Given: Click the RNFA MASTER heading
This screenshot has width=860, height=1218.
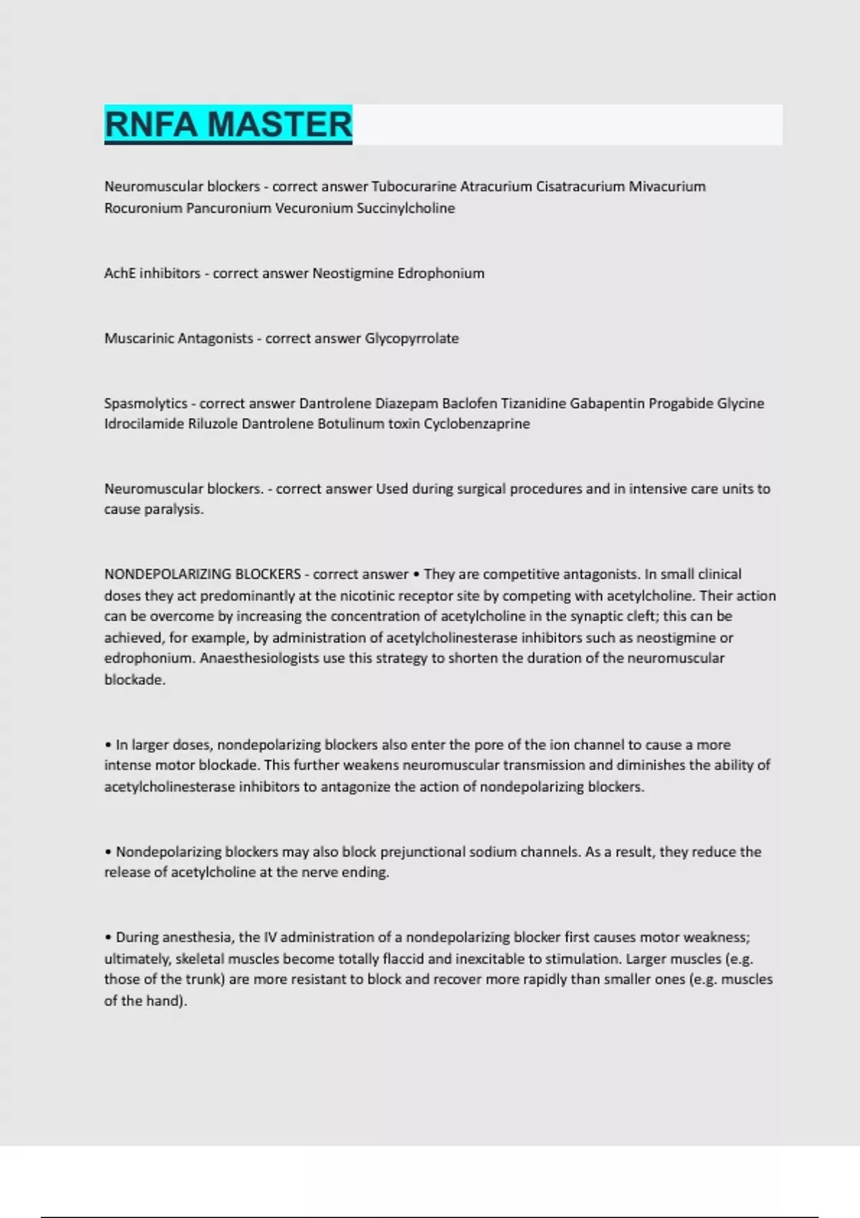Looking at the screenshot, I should pyautogui.click(x=228, y=124).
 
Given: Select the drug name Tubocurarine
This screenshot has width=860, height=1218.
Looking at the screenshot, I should pyautogui.click(x=414, y=186).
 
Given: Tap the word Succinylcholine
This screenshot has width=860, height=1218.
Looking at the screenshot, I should pyautogui.click(x=406, y=208).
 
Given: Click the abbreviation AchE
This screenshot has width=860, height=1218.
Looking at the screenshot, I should pyautogui.click(x=120, y=273).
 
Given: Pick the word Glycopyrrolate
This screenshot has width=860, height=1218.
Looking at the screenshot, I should pyautogui.click(x=411, y=338).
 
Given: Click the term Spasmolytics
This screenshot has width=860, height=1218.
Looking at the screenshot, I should pyautogui.click(x=145, y=403).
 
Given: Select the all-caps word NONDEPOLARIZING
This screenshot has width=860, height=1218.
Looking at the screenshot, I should pyautogui.click(x=166, y=574).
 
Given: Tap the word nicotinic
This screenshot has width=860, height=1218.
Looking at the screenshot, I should pyautogui.click(x=368, y=595).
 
